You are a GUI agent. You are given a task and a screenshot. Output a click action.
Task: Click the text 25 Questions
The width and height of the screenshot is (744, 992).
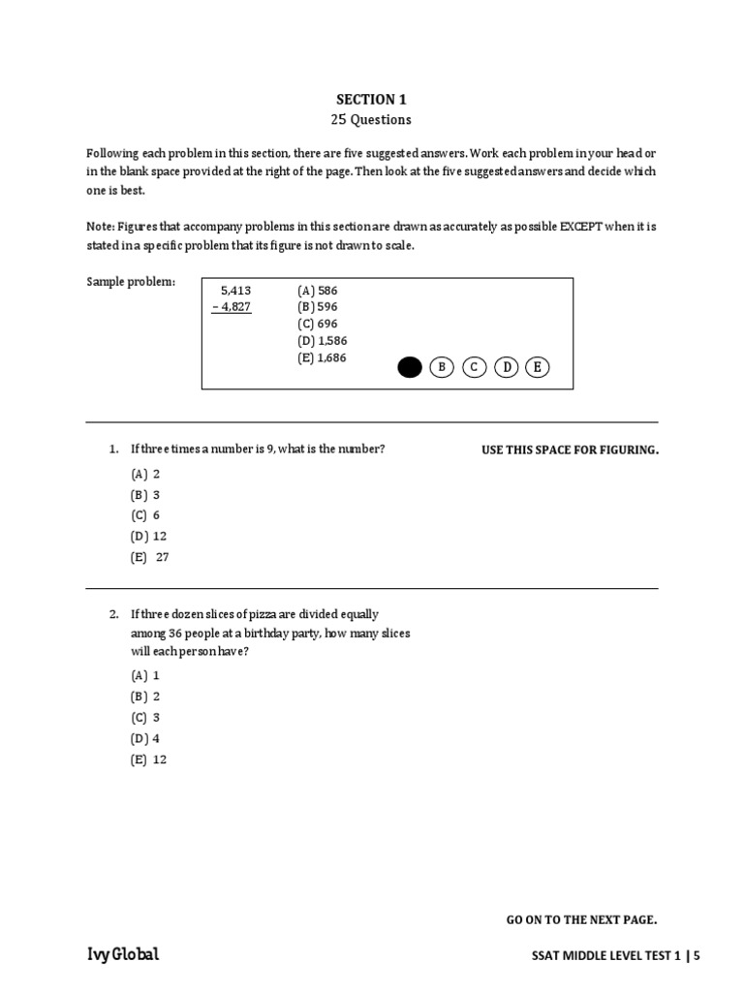tap(371, 120)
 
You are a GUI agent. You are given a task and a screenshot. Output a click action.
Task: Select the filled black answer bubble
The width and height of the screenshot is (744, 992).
tap(410, 367)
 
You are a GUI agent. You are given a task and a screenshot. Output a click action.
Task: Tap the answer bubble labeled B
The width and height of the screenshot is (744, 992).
tap(442, 367)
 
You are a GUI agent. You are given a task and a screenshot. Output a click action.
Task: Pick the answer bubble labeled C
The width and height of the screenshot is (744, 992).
tap(474, 367)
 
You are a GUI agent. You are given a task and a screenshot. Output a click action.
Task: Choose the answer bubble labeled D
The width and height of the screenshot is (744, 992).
tap(506, 367)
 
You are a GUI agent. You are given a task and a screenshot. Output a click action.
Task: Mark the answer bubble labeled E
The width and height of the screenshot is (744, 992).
tap(538, 367)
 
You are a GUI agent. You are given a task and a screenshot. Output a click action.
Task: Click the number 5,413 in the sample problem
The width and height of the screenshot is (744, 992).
tap(235, 290)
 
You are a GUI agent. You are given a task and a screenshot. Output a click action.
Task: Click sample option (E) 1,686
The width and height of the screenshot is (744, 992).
tap(322, 357)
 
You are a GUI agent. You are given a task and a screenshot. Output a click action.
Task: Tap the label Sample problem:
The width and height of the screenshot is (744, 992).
tap(131, 281)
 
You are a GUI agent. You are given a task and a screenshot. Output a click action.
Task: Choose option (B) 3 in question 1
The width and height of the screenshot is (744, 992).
tap(145, 495)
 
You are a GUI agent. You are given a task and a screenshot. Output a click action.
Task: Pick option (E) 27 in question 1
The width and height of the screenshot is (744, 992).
tap(149, 557)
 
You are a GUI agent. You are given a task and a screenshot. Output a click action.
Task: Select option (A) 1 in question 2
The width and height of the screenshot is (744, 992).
tap(145, 675)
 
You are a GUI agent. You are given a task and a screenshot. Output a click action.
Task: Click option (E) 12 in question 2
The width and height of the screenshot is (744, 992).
tap(149, 759)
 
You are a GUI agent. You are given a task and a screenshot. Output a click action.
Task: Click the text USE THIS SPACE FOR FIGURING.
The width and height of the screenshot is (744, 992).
tap(570, 450)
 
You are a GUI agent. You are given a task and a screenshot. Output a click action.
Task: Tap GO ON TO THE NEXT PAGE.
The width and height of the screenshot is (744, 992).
tap(581, 919)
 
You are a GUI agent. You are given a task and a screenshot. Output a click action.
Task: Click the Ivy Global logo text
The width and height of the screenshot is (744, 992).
tap(123, 955)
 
